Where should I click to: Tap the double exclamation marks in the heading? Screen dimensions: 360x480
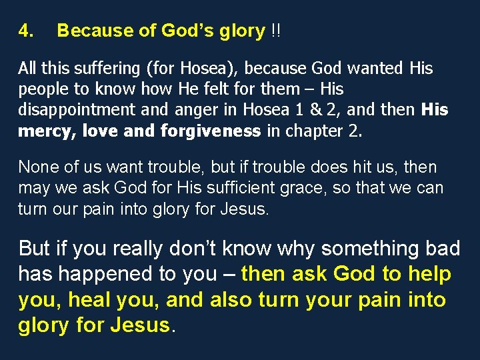point(275,31)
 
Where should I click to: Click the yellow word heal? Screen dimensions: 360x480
point(98,300)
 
